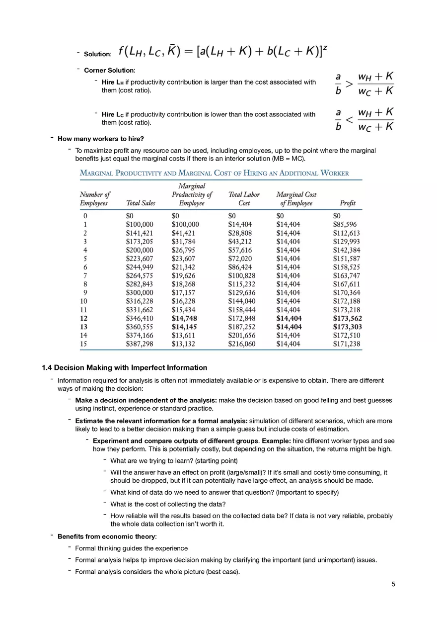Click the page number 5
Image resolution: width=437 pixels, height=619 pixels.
[393, 584]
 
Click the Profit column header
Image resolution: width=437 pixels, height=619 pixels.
[347, 203]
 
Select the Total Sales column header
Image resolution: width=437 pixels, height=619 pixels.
[141, 203]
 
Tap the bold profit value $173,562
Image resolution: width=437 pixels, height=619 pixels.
[347, 318]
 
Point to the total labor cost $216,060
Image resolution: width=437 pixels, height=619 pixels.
[242, 344]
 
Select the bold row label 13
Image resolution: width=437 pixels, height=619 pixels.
[84, 327]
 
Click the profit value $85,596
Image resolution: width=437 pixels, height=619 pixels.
[345, 225]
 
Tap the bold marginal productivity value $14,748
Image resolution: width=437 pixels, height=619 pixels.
[185, 318]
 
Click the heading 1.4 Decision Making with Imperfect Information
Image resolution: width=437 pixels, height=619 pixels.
[124, 368]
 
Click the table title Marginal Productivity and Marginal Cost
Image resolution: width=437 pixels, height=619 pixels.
[215, 173]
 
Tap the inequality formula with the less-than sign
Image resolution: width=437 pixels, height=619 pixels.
[365, 120]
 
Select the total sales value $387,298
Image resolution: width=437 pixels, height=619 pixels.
[140, 344]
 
